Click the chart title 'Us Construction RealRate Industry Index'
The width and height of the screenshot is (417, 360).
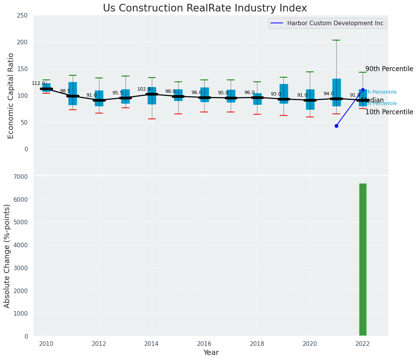point(205,8)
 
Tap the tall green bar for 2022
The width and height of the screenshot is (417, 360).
point(363,259)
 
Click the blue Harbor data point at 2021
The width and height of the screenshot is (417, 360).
point(336,126)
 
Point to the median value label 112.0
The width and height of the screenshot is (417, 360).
point(38,83)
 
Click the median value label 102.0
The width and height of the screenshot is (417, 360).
point(144,89)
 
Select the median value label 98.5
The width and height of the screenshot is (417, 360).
point(65,91)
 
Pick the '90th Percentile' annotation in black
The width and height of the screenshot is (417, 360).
point(389,69)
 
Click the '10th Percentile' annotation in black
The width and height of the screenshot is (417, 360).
point(389,112)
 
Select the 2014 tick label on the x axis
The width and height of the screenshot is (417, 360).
point(152,343)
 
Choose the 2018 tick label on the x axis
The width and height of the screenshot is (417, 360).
point(257,343)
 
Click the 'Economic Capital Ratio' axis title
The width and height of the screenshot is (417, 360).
point(11,96)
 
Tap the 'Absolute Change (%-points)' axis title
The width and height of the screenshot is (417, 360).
point(7,256)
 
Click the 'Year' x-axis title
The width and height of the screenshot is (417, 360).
point(211,353)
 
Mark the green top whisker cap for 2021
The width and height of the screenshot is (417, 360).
point(336,40)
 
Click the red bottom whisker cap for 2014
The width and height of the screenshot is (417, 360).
point(152,119)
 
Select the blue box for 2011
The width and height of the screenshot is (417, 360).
point(73,94)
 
